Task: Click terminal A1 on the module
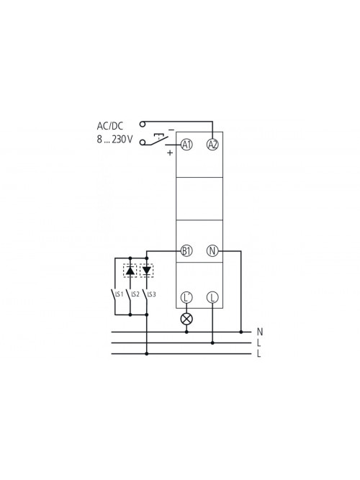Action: click(x=186, y=145)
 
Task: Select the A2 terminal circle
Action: click(x=212, y=145)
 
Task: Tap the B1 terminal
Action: click(x=186, y=251)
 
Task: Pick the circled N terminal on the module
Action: click(x=212, y=251)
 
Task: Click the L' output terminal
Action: click(x=186, y=297)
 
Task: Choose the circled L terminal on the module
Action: click(x=212, y=297)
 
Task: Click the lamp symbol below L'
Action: click(x=186, y=319)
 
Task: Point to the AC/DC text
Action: click(x=110, y=126)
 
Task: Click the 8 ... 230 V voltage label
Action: click(x=115, y=140)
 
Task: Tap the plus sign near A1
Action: click(x=170, y=153)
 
